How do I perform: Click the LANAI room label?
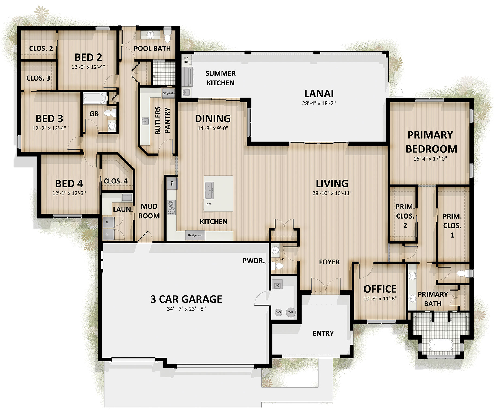click(x=319, y=94)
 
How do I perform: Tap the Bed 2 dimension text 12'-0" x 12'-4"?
click(x=88, y=67)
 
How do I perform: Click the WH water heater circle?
click(x=291, y=312)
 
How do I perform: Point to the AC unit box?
click(x=277, y=285)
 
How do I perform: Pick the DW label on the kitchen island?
click(x=209, y=204)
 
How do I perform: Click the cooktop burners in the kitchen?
click(x=171, y=207)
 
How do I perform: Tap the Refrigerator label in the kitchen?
click(x=195, y=235)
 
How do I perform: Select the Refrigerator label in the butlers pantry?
click(x=168, y=93)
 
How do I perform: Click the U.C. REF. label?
click(x=187, y=60)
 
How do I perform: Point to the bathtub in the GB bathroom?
click(x=95, y=98)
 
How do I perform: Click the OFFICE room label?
click(x=380, y=289)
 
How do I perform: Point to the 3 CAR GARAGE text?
click(x=186, y=299)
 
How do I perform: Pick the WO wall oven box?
click(x=172, y=183)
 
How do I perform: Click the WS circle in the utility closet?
click(x=279, y=312)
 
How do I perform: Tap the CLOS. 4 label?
click(x=116, y=181)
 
